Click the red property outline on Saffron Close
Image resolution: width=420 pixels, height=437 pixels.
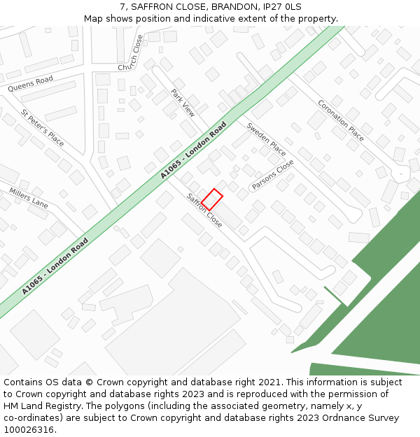[x=212, y=199]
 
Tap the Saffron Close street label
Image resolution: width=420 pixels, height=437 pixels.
[x=204, y=210]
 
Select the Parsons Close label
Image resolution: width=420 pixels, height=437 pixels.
[x=273, y=175]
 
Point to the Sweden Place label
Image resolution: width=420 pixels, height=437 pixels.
[x=266, y=140]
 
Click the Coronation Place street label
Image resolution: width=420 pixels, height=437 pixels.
[x=341, y=120]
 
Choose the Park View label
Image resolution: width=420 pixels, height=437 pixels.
[x=183, y=102]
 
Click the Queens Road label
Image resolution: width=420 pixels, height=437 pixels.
[x=30, y=84]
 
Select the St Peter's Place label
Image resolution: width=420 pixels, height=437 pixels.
[x=42, y=127]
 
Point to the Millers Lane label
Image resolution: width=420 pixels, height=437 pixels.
[x=29, y=197]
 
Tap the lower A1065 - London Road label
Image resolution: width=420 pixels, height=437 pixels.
[x=55, y=266]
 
